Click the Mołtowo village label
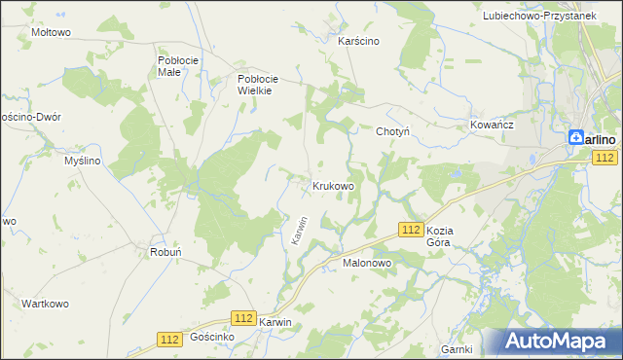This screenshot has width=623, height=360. [52, 32]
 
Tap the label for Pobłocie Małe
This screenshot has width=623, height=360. [178, 65]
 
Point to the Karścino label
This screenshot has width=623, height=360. [357, 42]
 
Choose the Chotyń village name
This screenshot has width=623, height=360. [391, 130]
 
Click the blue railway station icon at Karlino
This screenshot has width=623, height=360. [576, 139]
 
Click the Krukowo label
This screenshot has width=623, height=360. [332, 185]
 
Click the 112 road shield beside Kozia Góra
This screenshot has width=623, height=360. [410, 228]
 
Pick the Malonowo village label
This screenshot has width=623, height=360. [366, 263]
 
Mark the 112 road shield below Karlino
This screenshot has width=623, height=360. [605, 158]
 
